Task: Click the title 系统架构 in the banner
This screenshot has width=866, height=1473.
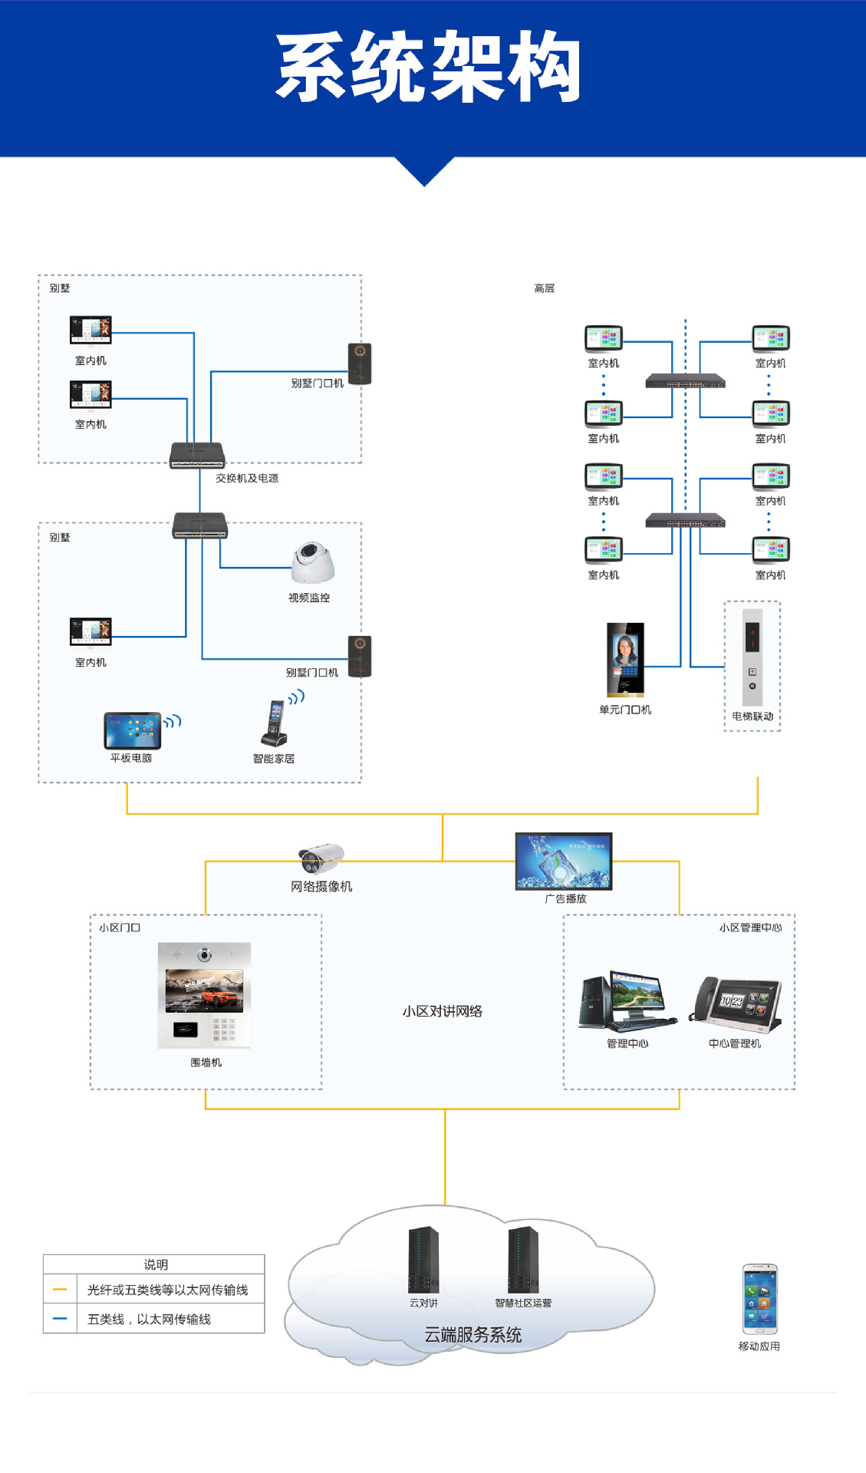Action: pos(428,68)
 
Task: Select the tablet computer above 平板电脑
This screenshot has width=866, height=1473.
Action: pos(133,730)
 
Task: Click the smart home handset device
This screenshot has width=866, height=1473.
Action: pos(275,724)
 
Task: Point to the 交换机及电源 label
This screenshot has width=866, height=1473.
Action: pos(247,478)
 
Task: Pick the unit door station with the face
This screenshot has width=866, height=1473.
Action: pos(625,659)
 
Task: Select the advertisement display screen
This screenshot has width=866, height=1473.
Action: pos(564,861)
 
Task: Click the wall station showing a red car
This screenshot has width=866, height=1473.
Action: pos(204,994)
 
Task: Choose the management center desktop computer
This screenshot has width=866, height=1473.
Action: pos(627,1001)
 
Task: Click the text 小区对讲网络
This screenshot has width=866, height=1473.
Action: pos(443,1011)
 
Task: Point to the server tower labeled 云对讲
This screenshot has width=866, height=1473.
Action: pos(423,1259)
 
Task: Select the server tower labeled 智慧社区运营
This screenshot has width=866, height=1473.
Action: pos(523,1259)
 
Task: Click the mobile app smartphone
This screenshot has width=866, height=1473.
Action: pos(759,1299)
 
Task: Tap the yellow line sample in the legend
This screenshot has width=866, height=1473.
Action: pos(60,1290)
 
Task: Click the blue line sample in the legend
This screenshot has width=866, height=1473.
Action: pos(60,1319)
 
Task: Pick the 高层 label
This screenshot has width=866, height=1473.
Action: pos(544,288)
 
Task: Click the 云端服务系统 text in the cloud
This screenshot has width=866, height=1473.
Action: pos(473,1335)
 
